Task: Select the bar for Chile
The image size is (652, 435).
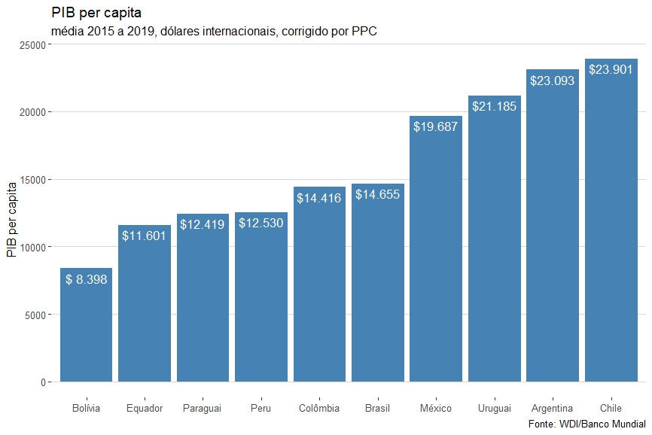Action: click(x=611, y=226)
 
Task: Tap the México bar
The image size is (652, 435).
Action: click(x=436, y=256)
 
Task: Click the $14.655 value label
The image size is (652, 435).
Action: click(x=377, y=195)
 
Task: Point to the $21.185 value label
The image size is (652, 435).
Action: click(x=494, y=106)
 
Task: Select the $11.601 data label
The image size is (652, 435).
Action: click(x=144, y=236)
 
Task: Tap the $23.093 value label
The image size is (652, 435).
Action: click(x=553, y=81)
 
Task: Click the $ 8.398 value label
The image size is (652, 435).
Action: click(x=86, y=279)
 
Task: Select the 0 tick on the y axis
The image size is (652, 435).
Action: click(x=44, y=382)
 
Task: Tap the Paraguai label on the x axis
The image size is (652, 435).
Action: click(x=202, y=409)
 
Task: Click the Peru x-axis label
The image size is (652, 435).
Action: click(x=260, y=409)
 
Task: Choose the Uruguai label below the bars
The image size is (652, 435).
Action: click(x=494, y=409)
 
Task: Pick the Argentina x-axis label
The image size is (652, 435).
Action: click(x=552, y=409)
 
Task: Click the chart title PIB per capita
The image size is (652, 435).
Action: click(x=97, y=13)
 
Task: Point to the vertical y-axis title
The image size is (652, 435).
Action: click(x=11, y=219)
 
